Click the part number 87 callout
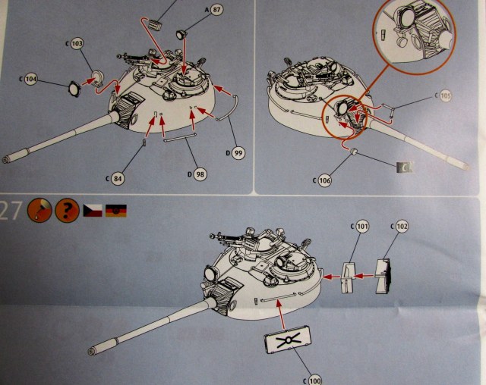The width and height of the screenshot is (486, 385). point(217,9)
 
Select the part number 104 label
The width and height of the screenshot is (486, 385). point(30,78)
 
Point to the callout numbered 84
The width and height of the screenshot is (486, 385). point(116,178)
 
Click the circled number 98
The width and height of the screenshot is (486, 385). point(200,175)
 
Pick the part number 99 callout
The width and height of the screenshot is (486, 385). point(238,153)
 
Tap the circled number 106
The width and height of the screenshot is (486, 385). point(324,180)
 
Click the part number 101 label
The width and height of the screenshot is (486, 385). point(362,227)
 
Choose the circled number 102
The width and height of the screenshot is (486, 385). point(402,226)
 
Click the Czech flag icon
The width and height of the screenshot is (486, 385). point(93,210)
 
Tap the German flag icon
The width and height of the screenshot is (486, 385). point(116,210)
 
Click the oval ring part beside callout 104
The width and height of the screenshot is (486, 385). point(74,89)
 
